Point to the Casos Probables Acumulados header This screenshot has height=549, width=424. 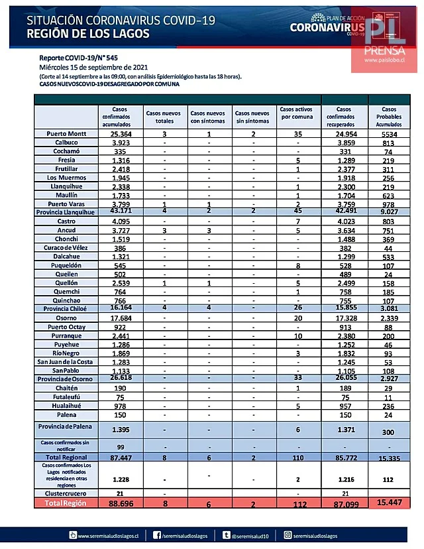coord(389,116)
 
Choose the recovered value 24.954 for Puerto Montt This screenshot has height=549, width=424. coord(343,133)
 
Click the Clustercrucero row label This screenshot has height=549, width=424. coord(65,493)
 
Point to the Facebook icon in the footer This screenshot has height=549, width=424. coord(157,534)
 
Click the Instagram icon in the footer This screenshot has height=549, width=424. coord(287,534)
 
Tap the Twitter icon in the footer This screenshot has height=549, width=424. coord(227,534)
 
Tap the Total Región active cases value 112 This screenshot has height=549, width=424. coord(298,503)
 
